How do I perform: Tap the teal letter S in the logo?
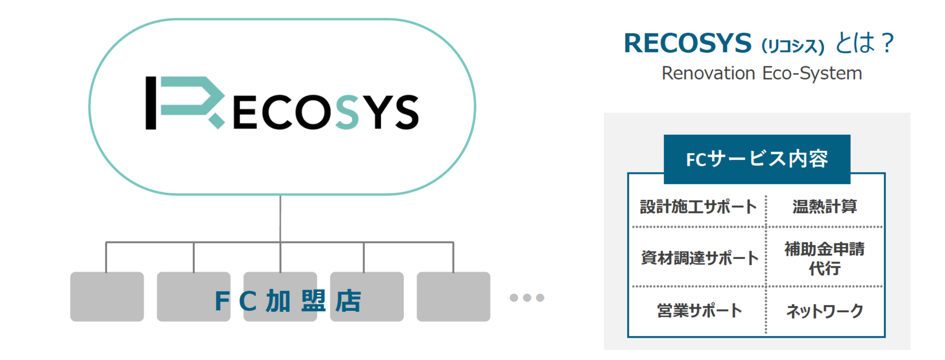click(347, 112)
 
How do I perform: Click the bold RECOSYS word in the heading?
click(687, 43)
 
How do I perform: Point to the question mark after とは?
click(887, 43)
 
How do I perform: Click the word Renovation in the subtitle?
click(708, 73)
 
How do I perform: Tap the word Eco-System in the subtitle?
click(812, 73)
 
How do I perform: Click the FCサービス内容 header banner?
click(757, 159)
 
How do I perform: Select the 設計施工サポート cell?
click(698, 207)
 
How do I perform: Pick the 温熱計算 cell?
click(824, 207)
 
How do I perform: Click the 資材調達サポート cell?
click(699, 258)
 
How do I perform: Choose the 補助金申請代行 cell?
click(824, 258)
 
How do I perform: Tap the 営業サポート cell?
click(699, 310)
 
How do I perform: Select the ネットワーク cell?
click(824, 311)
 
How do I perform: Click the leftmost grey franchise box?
click(107, 297)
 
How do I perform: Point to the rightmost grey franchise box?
click(453, 297)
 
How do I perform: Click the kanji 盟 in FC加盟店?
click(313, 301)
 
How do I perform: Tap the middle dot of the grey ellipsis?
click(527, 298)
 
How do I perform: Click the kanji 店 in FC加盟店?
click(348, 301)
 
